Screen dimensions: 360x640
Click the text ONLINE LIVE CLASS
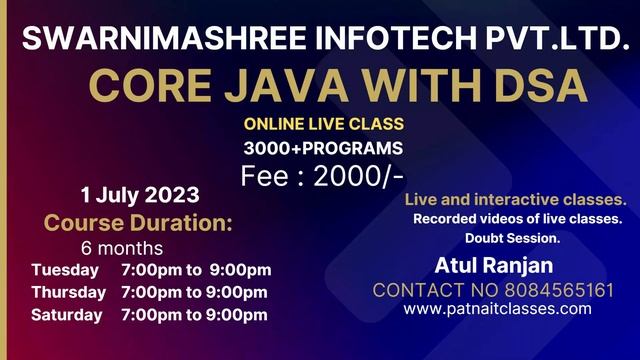[x=323, y=125]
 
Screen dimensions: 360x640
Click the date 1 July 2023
[x=140, y=194]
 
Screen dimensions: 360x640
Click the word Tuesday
[x=65, y=270]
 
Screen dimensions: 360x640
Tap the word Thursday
[x=68, y=292]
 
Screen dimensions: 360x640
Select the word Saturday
[x=66, y=315]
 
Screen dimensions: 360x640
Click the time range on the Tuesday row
[x=195, y=270]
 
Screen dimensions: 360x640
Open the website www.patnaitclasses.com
[x=497, y=309]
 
